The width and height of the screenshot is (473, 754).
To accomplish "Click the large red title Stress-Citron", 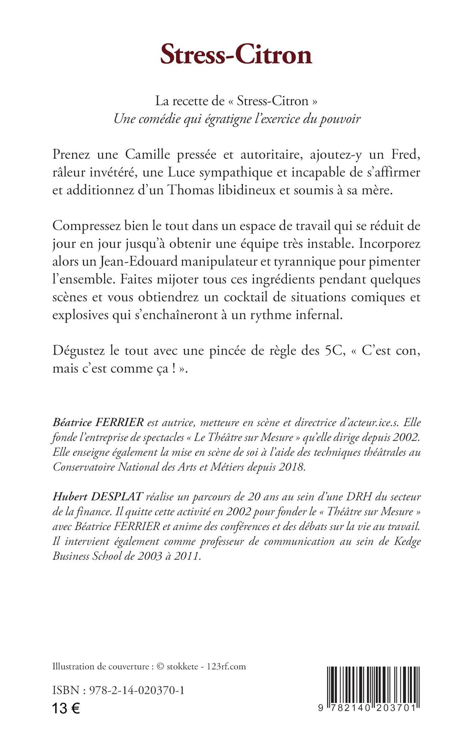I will pos(236,55).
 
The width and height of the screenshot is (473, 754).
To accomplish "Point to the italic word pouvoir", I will pos(340,119).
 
